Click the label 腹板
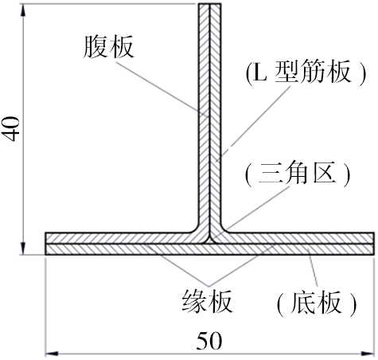[108, 47]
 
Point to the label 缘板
[207, 301]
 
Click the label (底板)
[317, 303]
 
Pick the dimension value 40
[13, 129]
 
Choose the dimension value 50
[209, 341]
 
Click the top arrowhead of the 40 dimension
[23, 11]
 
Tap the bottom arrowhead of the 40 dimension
[23, 248]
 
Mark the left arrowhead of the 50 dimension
[52, 354]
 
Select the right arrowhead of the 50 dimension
[368, 354]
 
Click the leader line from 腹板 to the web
[162, 88]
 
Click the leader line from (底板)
[313, 267]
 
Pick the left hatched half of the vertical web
[205, 119]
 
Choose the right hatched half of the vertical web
[215, 119]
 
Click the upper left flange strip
[119, 238]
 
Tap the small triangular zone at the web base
[210, 241]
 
